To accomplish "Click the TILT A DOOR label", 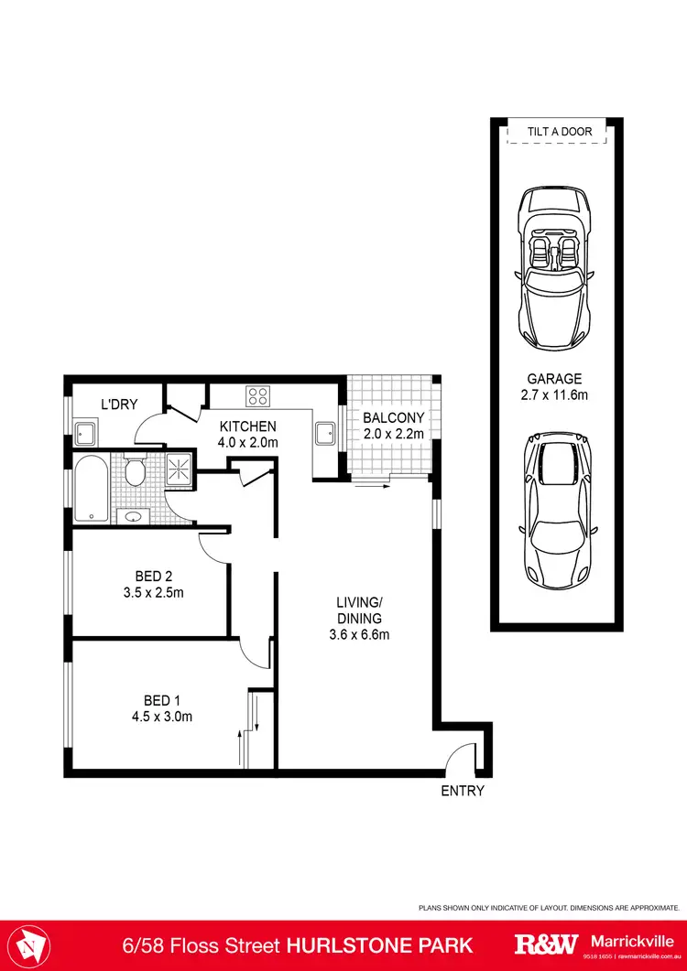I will tap(559, 132).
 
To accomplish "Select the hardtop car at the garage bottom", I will tap(555, 508).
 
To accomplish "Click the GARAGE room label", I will tap(554, 379).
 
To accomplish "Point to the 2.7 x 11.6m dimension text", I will tap(554, 394).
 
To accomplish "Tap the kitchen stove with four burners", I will tap(257, 397).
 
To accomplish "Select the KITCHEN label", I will tap(247, 426).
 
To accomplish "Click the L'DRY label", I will tap(119, 405).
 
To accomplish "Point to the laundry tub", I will tap(87, 432).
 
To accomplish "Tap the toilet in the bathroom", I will tap(135, 470).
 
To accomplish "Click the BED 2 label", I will tap(154, 577).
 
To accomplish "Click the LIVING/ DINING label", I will tap(357, 610).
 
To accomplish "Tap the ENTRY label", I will tap(462, 792).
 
